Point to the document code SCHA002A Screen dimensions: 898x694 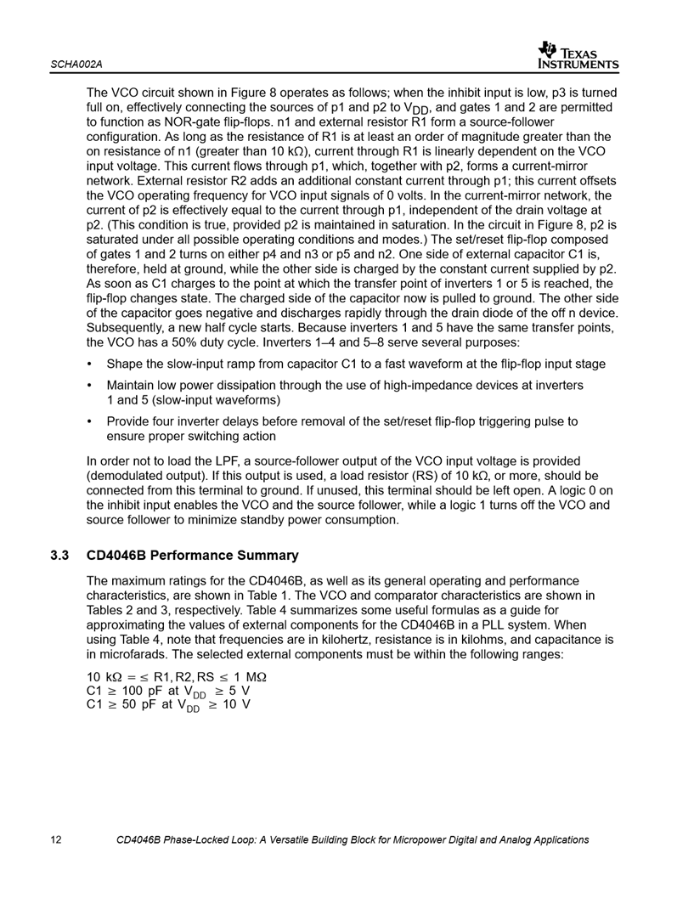(x=76, y=65)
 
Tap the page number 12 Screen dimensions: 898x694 (x=56, y=840)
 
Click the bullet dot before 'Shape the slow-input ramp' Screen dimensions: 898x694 (x=91, y=364)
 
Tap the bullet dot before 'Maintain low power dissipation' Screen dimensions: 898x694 (x=91, y=386)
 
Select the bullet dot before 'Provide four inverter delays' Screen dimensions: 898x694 (x=91, y=421)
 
